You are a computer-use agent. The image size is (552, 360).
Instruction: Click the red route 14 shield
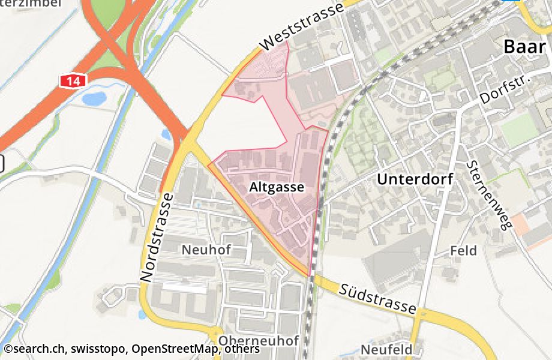tap(73, 80)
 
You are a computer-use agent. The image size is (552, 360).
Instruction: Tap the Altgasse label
tap(277, 187)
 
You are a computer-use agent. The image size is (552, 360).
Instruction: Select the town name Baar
tap(525, 46)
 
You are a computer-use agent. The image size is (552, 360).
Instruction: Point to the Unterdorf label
tap(415, 179)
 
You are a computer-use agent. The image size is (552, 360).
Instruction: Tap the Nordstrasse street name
tap(156, 237)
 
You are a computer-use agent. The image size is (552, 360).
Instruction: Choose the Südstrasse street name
tap(377, 298)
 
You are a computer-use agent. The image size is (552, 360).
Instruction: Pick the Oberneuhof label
tap(259, 341)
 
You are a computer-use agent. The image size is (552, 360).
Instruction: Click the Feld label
tap(463, 250)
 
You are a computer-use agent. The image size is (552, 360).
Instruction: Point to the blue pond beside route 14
tap(94, 97)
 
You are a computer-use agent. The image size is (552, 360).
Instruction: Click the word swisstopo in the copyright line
tap(100, 349)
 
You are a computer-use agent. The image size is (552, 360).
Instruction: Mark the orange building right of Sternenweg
tap(527, 225)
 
